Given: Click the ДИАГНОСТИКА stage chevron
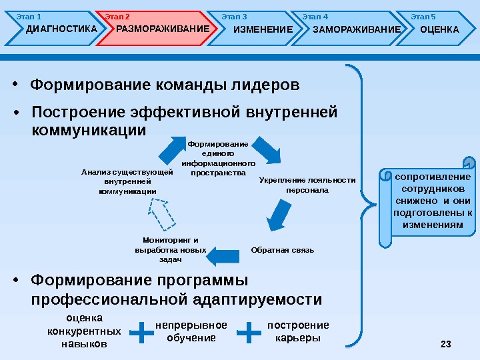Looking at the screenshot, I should click(57, 29).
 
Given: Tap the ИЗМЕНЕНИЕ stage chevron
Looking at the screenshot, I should click(257, 29).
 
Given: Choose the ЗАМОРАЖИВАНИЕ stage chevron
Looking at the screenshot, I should click(350, 29).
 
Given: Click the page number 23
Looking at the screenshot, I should click(446, 344).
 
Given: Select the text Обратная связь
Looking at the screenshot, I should click(282, 250).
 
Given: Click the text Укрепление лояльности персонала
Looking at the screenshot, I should click(307, 185).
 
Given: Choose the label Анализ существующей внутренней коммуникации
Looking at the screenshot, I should click(127, 181).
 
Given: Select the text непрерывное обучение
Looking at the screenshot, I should click(191, 331).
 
